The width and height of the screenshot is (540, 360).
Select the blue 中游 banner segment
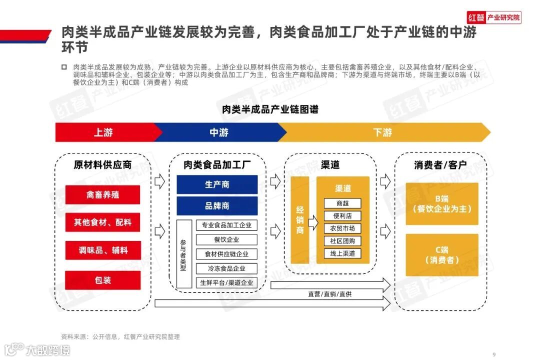pyautogui.click(x=219, y=132)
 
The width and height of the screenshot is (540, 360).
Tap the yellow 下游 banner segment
pyautogui.click(x=382, y=132)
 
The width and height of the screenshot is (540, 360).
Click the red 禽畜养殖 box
pyautogui.click(x=102, y=195)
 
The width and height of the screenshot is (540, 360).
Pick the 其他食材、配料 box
pyautogui.click(x=102, y=222)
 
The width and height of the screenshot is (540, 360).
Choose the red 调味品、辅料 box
pyautogui.click(x=102, y=250)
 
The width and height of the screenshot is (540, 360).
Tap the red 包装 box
pyautogui.click(x=102, y=280)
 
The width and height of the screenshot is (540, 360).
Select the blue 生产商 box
pyautogui.click(x=217, y=184)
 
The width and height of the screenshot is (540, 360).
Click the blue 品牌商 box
pyautogui.click(x=217, y=205)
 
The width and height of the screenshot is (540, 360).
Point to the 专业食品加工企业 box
pyautogui.click(x=226, y=225)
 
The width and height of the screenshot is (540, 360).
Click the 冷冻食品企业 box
pyautogui.click(x=226, y=268)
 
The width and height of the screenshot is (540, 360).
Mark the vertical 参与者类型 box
pyautogui.click(x=183, y=254)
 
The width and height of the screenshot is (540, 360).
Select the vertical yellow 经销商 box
pyautogui.click(x=300, y=220)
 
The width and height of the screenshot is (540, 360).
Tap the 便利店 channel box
pyautogui.click(x=342, y=216)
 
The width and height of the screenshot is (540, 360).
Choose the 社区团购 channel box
pyautogui.click(x=342, y=241)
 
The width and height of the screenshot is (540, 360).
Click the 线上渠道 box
pyautogui.click(x=342, y=253)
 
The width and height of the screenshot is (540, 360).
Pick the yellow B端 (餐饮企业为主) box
pyautogui.click(x=442, y=203)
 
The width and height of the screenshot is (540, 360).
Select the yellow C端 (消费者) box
pyautogui.click(x=442, y=255)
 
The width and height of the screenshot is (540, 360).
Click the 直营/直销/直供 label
pyautogui.click(x=329, y=294)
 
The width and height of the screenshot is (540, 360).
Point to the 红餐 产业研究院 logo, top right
pyautogui.click(x=494, y=17)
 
